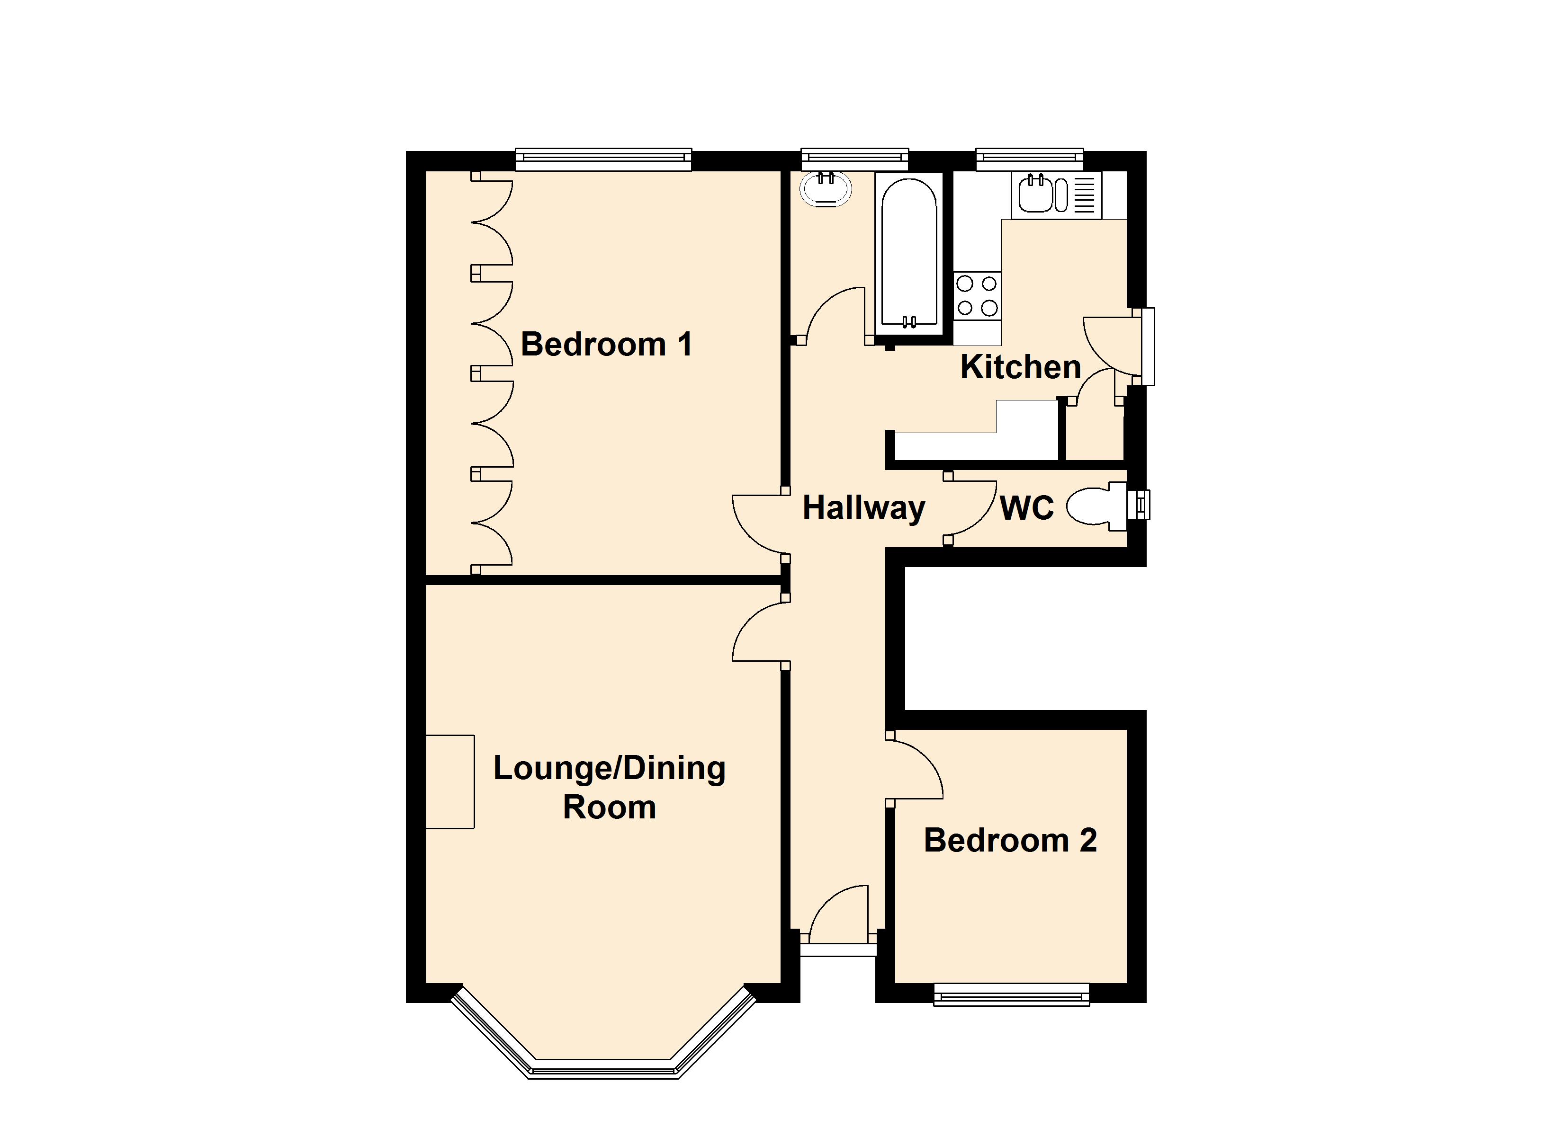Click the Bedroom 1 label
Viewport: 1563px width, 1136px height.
pos(606,345)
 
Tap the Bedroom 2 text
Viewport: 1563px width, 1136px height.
pos(1010,841)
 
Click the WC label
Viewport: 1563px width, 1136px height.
pos(1027,508)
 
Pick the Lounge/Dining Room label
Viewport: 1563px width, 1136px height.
pos(609,788)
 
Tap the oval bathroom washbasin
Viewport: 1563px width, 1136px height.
pos(826,189)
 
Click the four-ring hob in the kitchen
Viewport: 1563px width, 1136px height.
pos(977,296)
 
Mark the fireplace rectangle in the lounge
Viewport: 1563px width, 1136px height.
pos(450,782)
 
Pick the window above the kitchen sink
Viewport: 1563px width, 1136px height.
pos(1030,159)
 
